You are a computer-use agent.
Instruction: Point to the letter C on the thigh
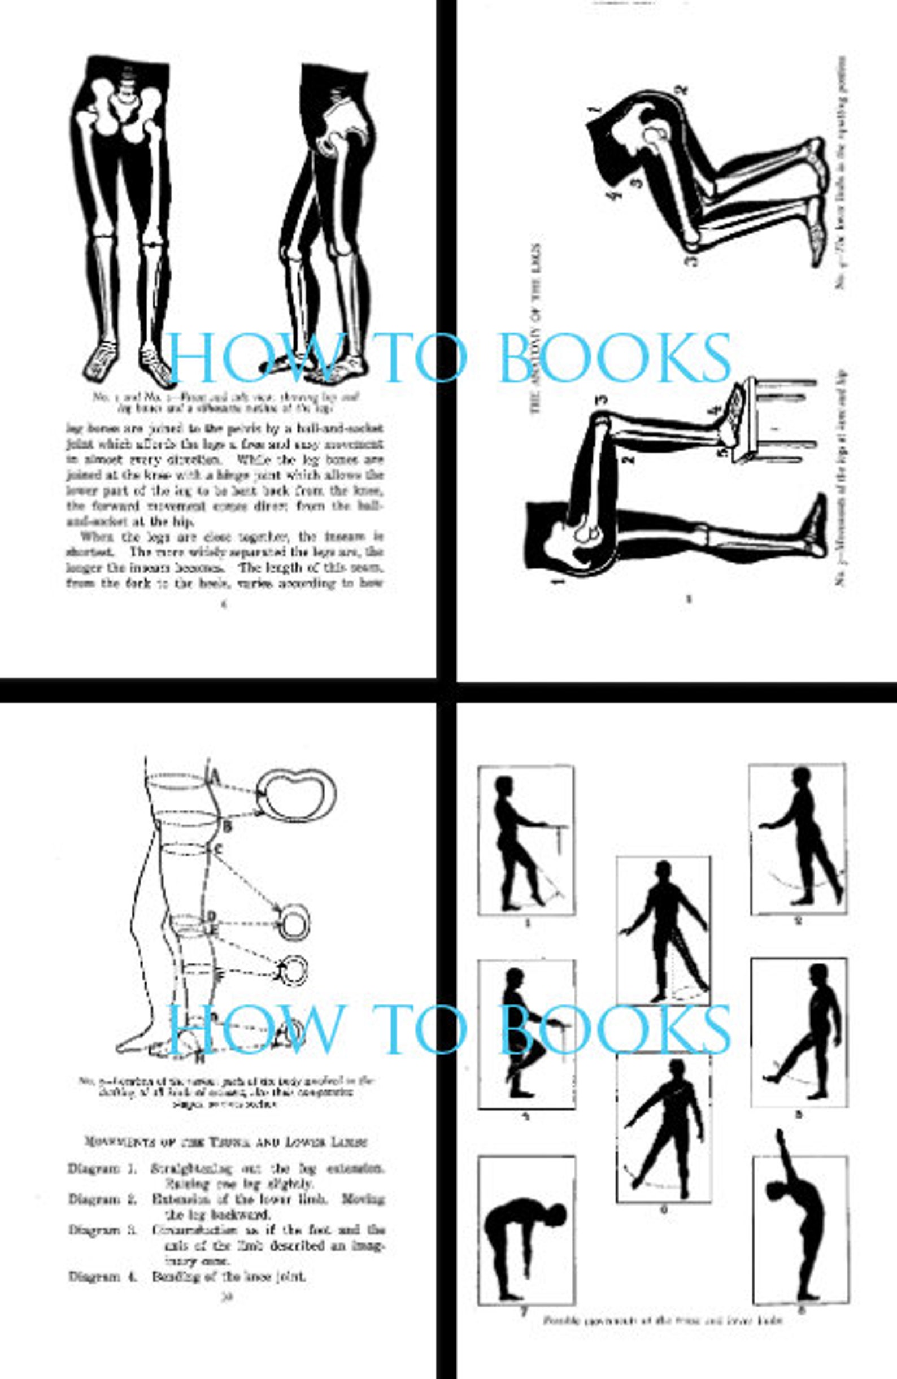pos(218,850)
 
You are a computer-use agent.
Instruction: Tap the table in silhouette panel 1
pos(554,829)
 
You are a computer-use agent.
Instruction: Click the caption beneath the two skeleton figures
pos(226,403)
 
